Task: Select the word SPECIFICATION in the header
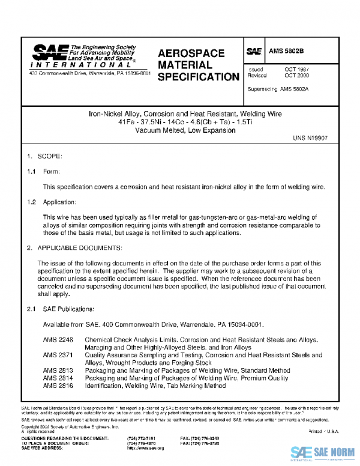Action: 198,77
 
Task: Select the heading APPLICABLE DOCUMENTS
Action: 80,248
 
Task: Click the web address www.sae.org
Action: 145,448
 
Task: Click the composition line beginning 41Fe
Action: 185,122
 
